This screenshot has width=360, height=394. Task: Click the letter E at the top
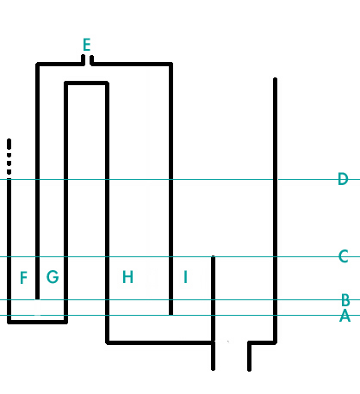[x=87, y=45]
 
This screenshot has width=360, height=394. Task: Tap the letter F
[x=24, y=278]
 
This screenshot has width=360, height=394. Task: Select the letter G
[x=53, y=277]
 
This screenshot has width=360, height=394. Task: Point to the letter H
[x=127, y=277]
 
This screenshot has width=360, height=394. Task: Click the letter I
[x=185, y=277]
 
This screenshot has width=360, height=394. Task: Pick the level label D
[x=343, y=179]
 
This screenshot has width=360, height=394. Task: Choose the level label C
[x=344, y=256]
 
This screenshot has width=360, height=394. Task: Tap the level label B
[x=345, y=300]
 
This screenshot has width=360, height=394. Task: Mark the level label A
[x=344, y=316]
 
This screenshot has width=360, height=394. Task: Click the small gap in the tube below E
[x=88, y=61]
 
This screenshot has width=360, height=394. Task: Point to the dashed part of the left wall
[x=9, y=157]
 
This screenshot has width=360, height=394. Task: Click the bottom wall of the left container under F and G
[x=37, y=322]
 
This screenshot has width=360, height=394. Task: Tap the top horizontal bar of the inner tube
[x=86, y=83]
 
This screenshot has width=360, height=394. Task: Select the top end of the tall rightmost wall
[x=275, y=78]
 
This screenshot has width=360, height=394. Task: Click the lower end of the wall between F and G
[x=37, y=299]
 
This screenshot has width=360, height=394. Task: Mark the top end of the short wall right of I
[x=213, y=256]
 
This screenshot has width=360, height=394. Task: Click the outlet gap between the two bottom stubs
[x=231, y=355]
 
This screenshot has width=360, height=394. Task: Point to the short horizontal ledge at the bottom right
[x=262, y=342]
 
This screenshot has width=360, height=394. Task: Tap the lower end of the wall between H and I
[x=171, y=314]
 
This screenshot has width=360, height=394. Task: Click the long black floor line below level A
[x=159, y=342]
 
